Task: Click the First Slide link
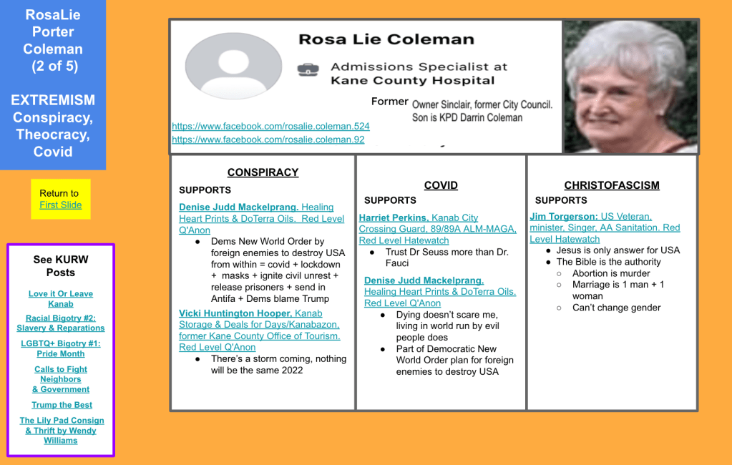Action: [61, 205]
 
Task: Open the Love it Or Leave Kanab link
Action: [61, 299]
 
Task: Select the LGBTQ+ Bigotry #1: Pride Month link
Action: [61, 348]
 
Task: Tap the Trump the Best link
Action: [61, 405]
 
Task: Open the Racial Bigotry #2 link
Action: [61, 323]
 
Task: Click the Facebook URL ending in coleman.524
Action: [270, 127]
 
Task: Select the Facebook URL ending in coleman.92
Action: [268, 139]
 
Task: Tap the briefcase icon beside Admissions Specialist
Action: [308, 69]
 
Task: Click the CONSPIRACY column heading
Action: [263, 172]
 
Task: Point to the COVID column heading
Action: [441, 185]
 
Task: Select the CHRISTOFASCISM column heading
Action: [612, 185]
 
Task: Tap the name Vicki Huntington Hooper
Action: [235, 313]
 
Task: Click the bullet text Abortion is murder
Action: [611, 273]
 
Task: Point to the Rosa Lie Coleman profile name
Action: [386, 39]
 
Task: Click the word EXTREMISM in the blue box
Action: [53, 100]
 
